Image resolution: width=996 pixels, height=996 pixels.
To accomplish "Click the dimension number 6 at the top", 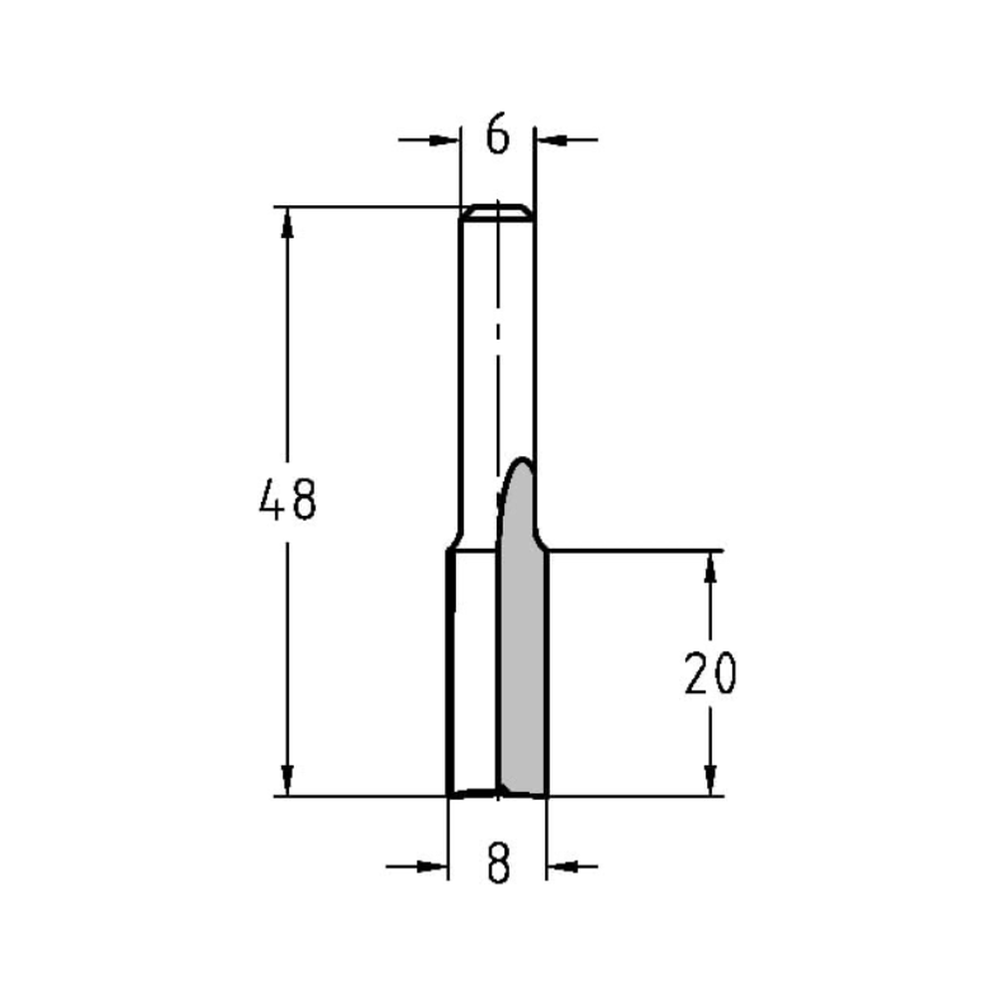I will point(497,136).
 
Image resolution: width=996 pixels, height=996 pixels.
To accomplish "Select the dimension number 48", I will point(287,500).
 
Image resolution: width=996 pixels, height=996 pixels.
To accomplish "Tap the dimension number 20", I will point(710,674).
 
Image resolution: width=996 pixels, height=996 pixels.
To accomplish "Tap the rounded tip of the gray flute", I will point(521,463).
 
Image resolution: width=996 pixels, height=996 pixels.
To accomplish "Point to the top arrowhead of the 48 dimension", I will point(287,225).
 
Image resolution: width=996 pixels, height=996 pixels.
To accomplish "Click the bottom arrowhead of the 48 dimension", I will point(287,779).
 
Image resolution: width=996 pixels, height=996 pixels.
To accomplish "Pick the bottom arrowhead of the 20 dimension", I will point(710,780).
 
